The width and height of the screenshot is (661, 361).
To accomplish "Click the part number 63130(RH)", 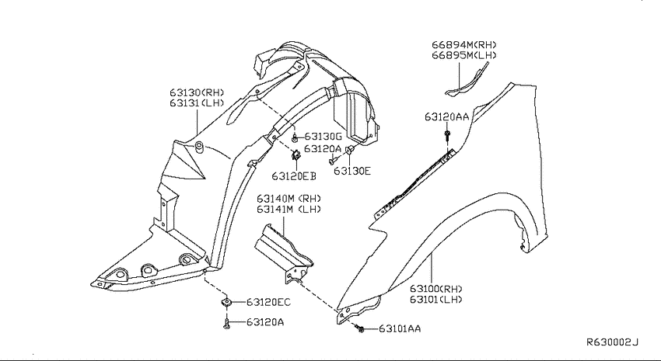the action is coord(197,92).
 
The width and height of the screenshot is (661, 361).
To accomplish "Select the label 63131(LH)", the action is coord(197,103).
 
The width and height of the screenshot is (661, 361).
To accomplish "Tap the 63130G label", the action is coord(323,137).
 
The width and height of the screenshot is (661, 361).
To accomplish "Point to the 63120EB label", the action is coord(294,176).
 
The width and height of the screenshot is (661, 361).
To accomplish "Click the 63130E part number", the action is coord(352,171).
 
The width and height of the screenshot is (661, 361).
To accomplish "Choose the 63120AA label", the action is coord(447,117).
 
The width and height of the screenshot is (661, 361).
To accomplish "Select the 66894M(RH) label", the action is coord(464,44).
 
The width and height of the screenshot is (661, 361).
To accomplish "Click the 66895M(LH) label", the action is coord(464,55).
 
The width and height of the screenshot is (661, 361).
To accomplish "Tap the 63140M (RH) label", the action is coord(289,198).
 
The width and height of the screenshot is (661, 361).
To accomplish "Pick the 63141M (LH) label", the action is coord(289,209).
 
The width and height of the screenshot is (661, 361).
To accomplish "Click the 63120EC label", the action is coord(268,303).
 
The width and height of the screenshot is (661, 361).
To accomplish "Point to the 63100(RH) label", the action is coord(436,289).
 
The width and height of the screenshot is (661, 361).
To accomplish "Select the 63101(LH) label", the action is coord(436,300).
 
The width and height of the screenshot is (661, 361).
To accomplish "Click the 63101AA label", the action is coord(400,328).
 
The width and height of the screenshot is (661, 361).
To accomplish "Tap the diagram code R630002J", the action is coord(613,342).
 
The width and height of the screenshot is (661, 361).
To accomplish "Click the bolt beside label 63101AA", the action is coord(359,328).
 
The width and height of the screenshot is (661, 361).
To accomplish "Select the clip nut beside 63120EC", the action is coord(227,302).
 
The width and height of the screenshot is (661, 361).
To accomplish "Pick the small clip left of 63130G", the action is coord(295,137).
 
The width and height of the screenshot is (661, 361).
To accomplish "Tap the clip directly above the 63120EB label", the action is coord(296,154).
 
